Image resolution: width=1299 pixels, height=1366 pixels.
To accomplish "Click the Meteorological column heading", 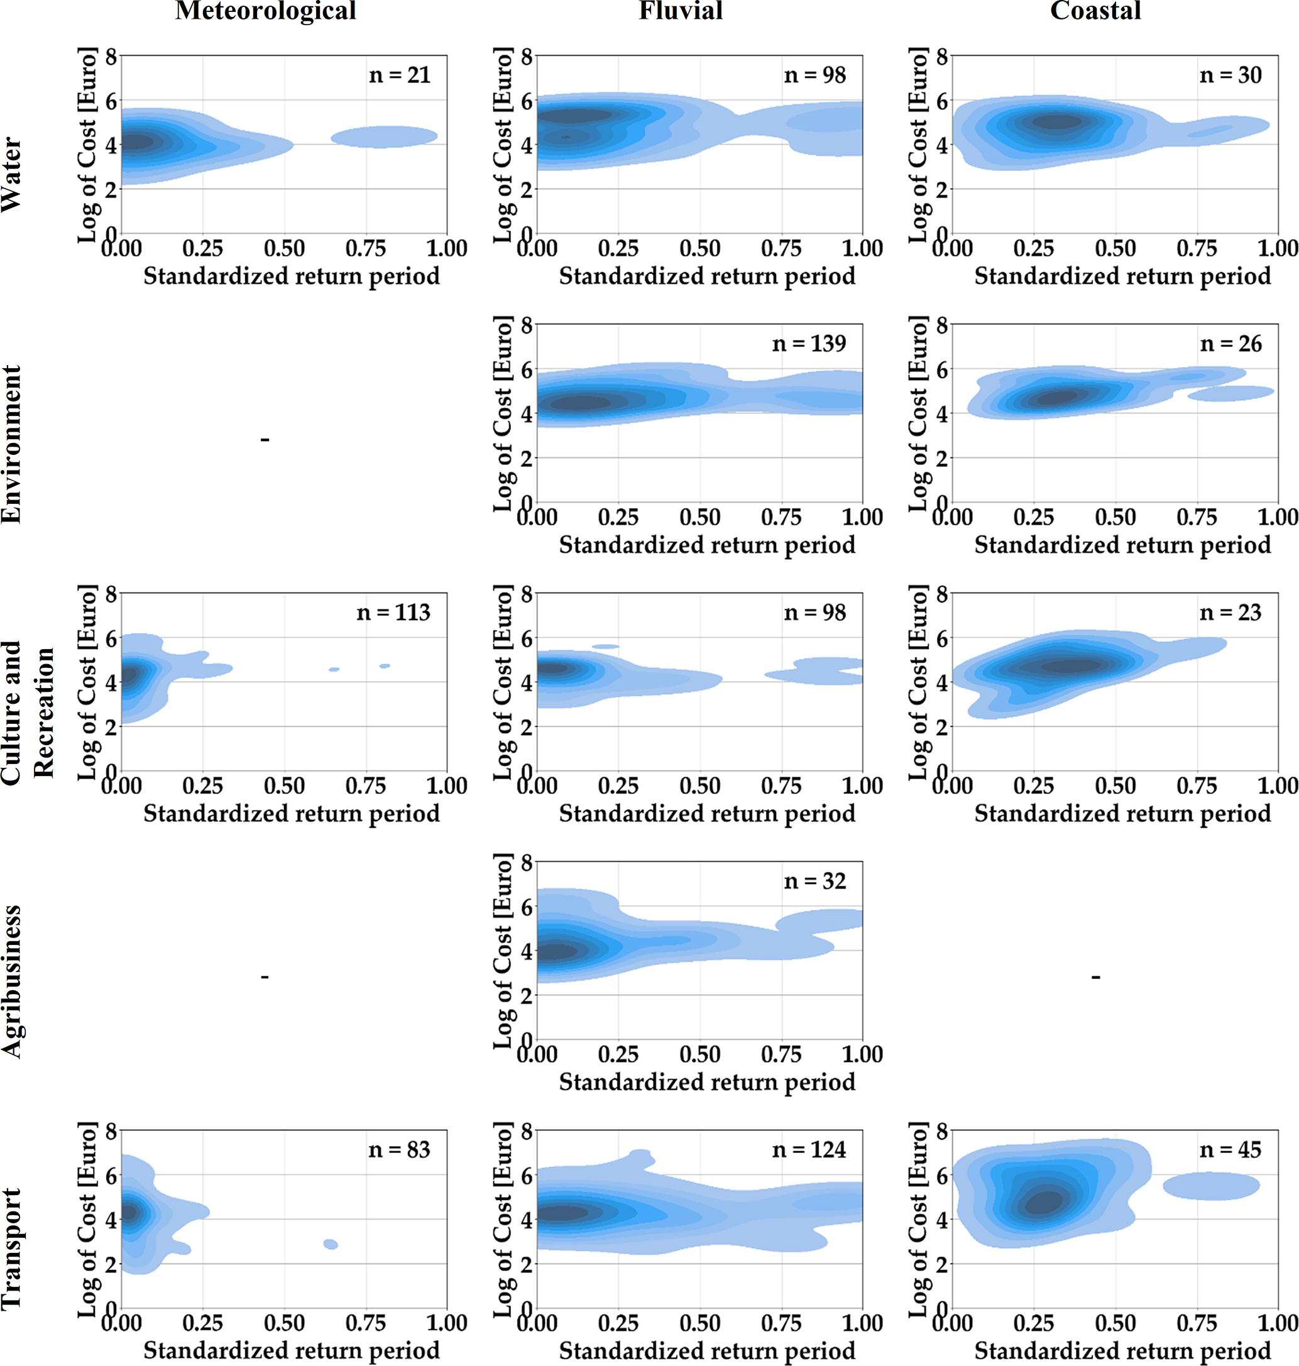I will click(x=265, y=11).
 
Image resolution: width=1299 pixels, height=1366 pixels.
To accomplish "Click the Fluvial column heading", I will click(x=680, y=11).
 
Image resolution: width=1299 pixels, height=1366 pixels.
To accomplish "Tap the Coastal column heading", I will click(x=1095, y=11).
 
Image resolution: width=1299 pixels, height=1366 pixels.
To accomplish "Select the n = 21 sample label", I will click(x=400, y=75).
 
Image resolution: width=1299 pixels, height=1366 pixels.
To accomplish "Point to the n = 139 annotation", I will click(x=809, y=344).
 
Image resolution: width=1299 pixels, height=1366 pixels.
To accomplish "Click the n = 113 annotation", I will click(x=393, y=612).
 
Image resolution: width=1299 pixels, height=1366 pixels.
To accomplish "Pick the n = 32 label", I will click(x=815, y=881).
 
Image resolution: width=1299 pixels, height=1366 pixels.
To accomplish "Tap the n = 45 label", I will click(x=1230, y=1149).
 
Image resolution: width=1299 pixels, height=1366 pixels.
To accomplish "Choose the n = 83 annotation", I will click(x=400, y=1149).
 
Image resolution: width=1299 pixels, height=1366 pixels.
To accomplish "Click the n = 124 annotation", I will click(x=809, y=1149).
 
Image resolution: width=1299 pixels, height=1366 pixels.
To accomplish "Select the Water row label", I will click(x=12, y=175).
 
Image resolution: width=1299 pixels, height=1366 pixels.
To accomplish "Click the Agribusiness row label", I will click(x=12, y=981).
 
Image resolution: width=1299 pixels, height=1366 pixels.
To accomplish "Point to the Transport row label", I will click(x=12, y=1249).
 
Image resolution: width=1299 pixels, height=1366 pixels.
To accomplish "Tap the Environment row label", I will click(x=12, y=444).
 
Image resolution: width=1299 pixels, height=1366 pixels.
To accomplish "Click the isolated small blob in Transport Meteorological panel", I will click(x=331, y=1244).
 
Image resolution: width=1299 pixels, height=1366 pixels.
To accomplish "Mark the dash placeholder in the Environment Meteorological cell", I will click(x=265, y=439).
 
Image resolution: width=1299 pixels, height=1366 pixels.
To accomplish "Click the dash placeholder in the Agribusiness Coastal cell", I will click(x=1095, y=977).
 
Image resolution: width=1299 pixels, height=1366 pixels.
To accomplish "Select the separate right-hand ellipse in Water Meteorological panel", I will click(x=385, y=136).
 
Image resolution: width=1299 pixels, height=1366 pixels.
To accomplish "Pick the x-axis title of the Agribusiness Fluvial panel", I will click(x=707, y=1081).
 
